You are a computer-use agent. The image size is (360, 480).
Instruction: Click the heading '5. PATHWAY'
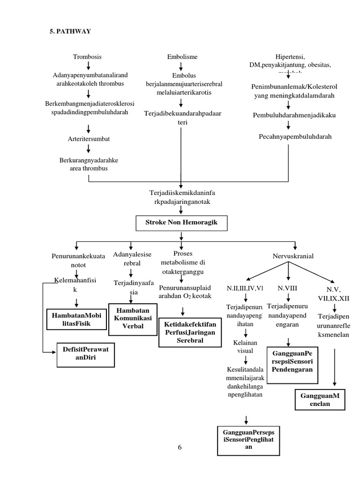[70, 32]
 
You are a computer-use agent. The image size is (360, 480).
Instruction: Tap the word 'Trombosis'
[87, 57]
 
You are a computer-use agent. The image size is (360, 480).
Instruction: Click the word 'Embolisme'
[182, 57]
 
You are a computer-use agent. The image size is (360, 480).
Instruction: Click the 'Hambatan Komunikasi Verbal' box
[133, 319]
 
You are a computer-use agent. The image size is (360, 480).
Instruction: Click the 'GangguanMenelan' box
[319, 399]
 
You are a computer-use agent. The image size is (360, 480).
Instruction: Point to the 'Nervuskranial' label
[293, 256]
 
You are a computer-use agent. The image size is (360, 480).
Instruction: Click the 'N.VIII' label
[287, 288]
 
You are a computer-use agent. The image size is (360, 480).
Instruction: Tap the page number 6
[180, 447]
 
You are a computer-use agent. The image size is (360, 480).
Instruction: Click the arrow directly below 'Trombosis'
[88, 66]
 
